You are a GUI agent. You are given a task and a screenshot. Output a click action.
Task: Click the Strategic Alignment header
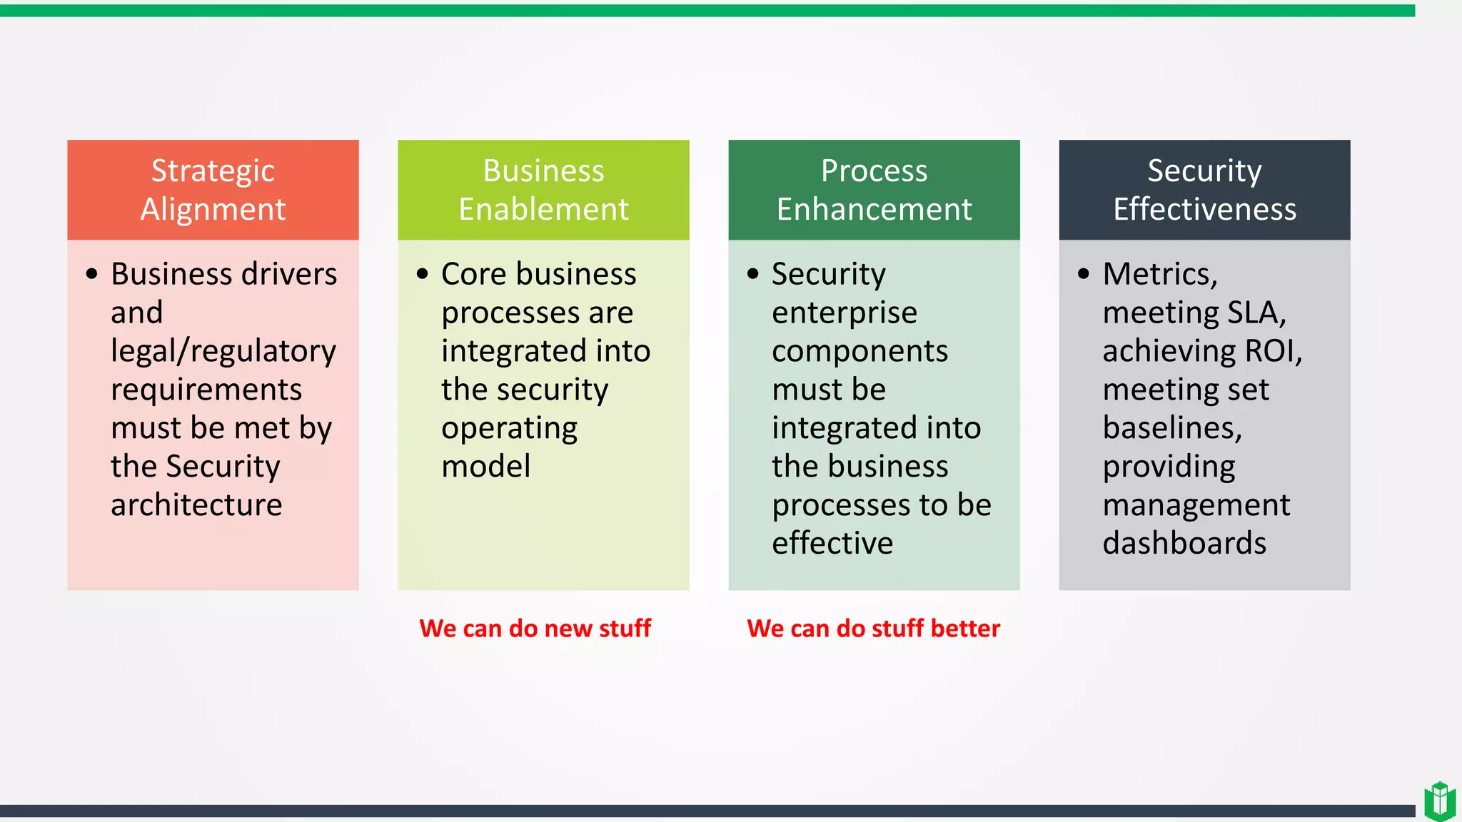213,190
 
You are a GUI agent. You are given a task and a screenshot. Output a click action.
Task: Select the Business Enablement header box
543,190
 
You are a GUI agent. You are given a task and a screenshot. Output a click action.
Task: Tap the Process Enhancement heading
874,190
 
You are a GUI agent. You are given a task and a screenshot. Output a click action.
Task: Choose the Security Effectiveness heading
1204,190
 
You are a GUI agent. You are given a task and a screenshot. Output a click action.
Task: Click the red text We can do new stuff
535,629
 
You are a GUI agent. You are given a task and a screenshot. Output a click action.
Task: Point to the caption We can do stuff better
873,629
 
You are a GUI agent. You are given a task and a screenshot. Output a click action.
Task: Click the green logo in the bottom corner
1439,801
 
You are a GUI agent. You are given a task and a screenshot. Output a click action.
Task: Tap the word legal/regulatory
223,352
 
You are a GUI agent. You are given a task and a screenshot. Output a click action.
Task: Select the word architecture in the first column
196,505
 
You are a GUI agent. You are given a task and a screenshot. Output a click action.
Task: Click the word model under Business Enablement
485,467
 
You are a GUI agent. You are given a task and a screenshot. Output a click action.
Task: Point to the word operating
509,429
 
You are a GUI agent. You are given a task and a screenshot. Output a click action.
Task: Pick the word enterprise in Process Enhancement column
844,313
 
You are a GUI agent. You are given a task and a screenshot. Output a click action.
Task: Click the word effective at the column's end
832,544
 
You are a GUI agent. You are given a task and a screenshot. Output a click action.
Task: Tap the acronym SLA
1256,313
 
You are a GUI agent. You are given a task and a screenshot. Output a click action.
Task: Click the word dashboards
1184,544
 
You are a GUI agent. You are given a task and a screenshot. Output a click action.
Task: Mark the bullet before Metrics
1084,274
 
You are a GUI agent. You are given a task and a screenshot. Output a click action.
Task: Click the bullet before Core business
422,274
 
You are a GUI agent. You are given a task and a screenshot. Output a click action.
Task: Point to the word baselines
1171,428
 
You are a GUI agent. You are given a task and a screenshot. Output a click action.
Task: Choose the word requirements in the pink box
206,390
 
